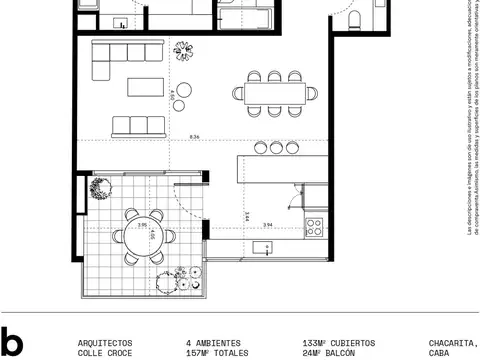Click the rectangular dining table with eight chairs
[273, 95]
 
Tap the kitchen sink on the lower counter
[262, 246]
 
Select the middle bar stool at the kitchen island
[276, 147]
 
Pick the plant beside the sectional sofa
[184, 47]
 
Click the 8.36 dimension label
[194, 138]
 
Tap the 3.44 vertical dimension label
[246, 215]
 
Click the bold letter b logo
[11, 342]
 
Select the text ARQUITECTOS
[104, 342]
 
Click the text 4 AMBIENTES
[213, 342]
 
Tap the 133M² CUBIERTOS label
[338, 342]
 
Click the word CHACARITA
[453, 342]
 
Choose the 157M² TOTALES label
[213, 353]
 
